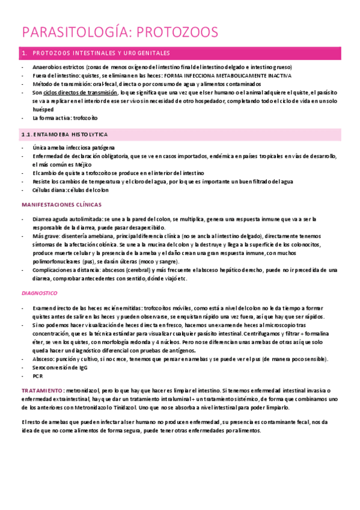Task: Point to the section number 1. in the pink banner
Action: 24,53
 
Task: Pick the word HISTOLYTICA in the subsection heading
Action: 85,134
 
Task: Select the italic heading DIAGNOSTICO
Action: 39,293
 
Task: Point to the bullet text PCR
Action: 38,375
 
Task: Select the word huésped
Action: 43,109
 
